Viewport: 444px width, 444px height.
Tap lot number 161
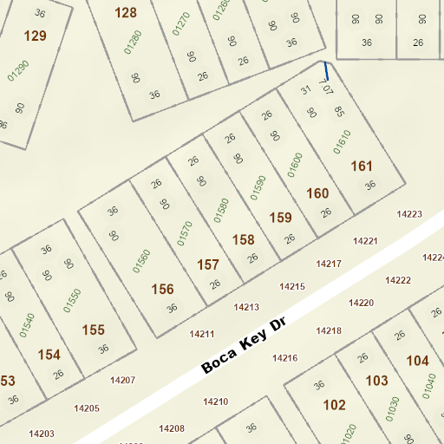(361, 166)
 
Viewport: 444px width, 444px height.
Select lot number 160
(317, 193)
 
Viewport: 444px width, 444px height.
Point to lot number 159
(280, 217)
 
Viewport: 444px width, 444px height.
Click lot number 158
(244, 238)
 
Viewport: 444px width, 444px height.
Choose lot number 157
(208, 264)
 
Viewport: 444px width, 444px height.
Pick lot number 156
(162, 289)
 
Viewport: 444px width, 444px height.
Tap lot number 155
(93, 330)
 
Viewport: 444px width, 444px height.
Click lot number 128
(126, 12)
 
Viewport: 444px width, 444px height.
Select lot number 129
(36, 36)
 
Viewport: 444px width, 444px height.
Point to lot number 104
(417, 361)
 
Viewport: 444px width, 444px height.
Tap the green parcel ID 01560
(141, 261)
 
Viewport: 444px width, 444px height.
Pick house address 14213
(246, 307)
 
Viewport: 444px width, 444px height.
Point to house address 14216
(284, 357)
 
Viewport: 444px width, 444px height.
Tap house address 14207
(122, 380)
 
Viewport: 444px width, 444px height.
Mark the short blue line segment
(326, 71)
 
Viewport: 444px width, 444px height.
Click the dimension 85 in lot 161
(339, 111)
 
